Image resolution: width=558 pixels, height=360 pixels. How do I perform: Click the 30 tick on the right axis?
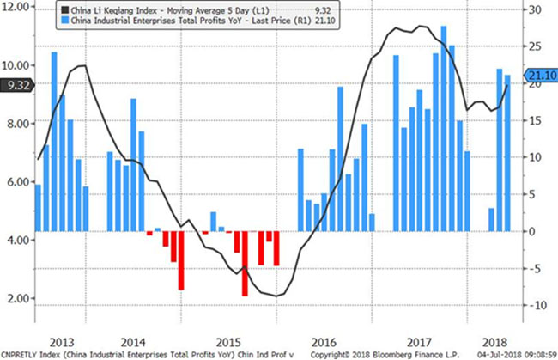click(534, 9)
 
